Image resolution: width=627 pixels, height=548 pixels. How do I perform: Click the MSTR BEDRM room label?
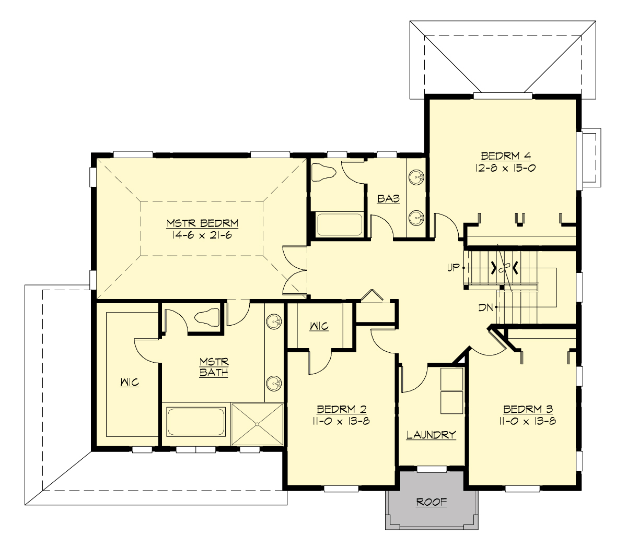coord(203,223)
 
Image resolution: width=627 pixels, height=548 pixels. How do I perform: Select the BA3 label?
coord(389,199)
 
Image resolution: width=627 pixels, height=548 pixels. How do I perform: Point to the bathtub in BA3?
coord(340,224)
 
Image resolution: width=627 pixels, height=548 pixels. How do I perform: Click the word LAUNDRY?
coord(432,434)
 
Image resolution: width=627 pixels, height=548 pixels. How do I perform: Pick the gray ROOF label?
coord(432,502)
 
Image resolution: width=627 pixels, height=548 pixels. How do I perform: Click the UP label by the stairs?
coord(453,268)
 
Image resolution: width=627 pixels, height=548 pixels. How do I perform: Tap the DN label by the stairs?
coord(486,307)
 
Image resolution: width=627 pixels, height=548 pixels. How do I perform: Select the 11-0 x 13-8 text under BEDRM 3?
coord(528,421)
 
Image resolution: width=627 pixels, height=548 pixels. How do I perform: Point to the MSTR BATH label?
coord(214,367)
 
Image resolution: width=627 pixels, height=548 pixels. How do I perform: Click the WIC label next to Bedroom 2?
coord(319,326)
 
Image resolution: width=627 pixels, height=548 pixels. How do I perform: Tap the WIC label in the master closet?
coord(129,383)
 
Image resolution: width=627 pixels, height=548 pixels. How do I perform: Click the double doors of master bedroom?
coord(294,270)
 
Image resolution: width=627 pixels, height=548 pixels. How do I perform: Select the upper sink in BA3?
coord(416,176)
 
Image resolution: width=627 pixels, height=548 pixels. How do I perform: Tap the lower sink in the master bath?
coord(273,385)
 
